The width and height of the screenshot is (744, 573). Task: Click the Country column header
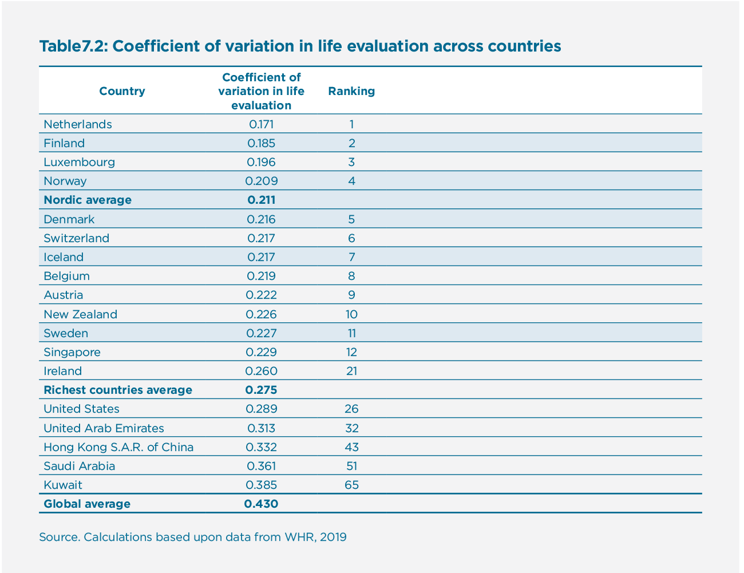[x=122, y=91]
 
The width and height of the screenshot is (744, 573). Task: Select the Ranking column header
[x=351, y=91]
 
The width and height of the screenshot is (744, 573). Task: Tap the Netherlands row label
[x=78, y=124]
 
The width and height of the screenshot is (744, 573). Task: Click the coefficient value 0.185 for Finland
[x=262, y=143]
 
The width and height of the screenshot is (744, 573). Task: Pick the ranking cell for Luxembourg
[x=351, y=162]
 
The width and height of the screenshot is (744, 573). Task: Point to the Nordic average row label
[x=88, y=200]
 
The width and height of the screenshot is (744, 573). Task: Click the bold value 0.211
[x=262, y=200]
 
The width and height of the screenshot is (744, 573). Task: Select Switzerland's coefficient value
[x=262, y=238]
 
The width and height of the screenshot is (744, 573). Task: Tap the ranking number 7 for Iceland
[x=351, y=257]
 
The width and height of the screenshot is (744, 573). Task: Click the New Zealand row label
[x=80, y=314]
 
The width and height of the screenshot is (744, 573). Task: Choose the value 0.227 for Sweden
[x=262, y=333]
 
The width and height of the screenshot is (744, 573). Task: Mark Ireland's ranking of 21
[x=351, y=371]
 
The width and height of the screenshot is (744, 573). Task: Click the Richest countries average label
[x=118, y=390]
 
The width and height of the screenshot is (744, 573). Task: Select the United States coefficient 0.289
[x=262, y=409]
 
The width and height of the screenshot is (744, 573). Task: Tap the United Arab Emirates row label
[x=104, y=428]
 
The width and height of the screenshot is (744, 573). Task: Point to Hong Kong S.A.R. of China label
[x=118, y=447]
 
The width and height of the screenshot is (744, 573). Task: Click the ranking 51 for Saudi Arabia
[x=351, y=466]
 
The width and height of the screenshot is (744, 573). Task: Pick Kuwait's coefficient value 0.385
[x=262, y=485]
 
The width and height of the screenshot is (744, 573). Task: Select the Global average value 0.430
[x=262, y=504]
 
